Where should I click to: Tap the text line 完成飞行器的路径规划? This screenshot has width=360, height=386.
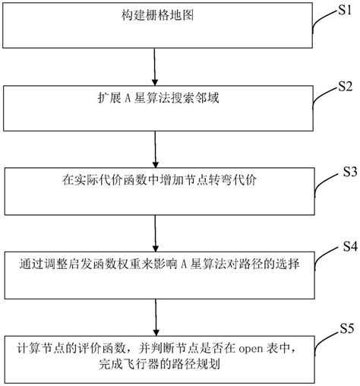[155, 365]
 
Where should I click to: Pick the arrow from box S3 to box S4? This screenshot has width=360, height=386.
[155, 233]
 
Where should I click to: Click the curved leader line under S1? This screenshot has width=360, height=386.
[320, 23]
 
